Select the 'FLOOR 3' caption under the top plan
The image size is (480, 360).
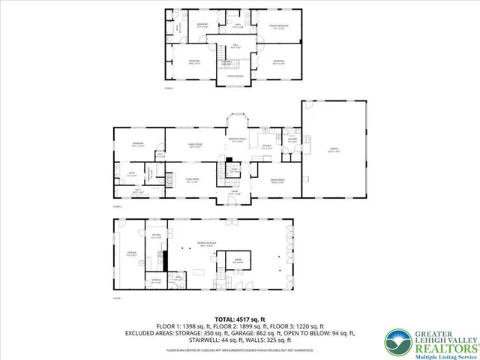point(168,88)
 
